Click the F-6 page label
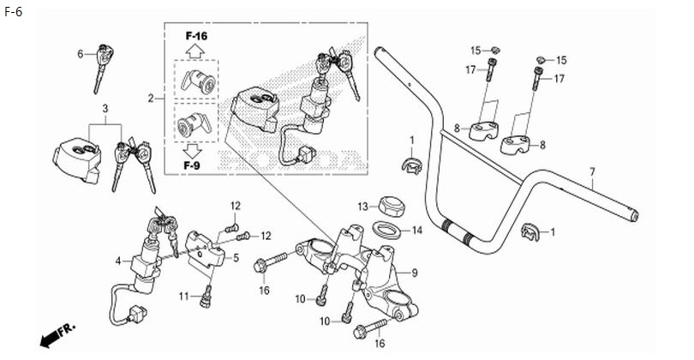[13, 12]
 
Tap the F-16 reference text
[196, 36]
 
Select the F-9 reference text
[192, 166]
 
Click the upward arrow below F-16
[194, 51]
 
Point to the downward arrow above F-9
[192, 152]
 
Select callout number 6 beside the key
[81, 54]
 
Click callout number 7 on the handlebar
[593, 171]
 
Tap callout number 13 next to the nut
[363, 207]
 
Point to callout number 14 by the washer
[417, 231]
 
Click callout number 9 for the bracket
[415, 273]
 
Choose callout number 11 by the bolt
[184, 297]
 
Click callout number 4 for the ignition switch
[118, 261]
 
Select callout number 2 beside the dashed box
[151, 99]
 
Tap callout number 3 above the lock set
[105, 109]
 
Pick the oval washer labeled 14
[388, 231]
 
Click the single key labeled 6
[102, 69]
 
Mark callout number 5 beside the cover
[236, 257]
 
